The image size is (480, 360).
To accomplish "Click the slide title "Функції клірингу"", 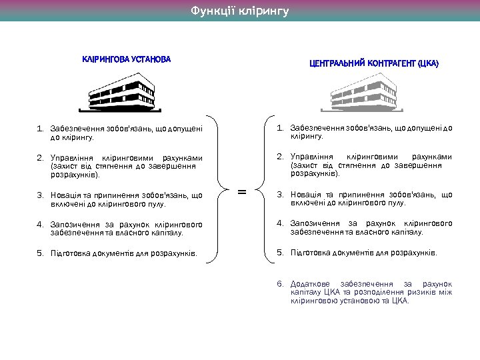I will (x=240, y=11).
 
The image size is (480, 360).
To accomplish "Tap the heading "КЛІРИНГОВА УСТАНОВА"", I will (x=126, y=59).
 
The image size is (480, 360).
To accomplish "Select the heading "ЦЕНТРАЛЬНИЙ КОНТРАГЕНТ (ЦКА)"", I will (x=374, y=64).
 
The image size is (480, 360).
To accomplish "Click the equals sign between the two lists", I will (x=242, y=192).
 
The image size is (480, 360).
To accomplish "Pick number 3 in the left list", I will (x=40, y=195).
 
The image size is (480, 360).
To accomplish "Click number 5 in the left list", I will (x=40, y=253).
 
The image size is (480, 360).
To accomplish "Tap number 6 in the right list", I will (x=281, y=284).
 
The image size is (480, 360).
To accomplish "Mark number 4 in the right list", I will (x=281, y=223).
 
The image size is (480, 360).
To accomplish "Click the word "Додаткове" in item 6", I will (x=311, y=284).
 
